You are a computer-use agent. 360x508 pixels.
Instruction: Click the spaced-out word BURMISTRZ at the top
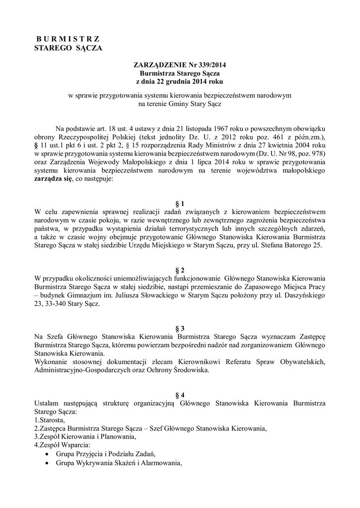(69, 39)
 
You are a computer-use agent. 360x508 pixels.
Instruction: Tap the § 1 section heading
(180, 203)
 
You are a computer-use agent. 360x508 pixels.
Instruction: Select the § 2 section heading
(180, 270)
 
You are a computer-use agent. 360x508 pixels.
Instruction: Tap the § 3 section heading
(180, 329)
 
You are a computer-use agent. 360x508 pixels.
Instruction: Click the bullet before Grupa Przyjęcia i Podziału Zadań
(47, 454)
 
